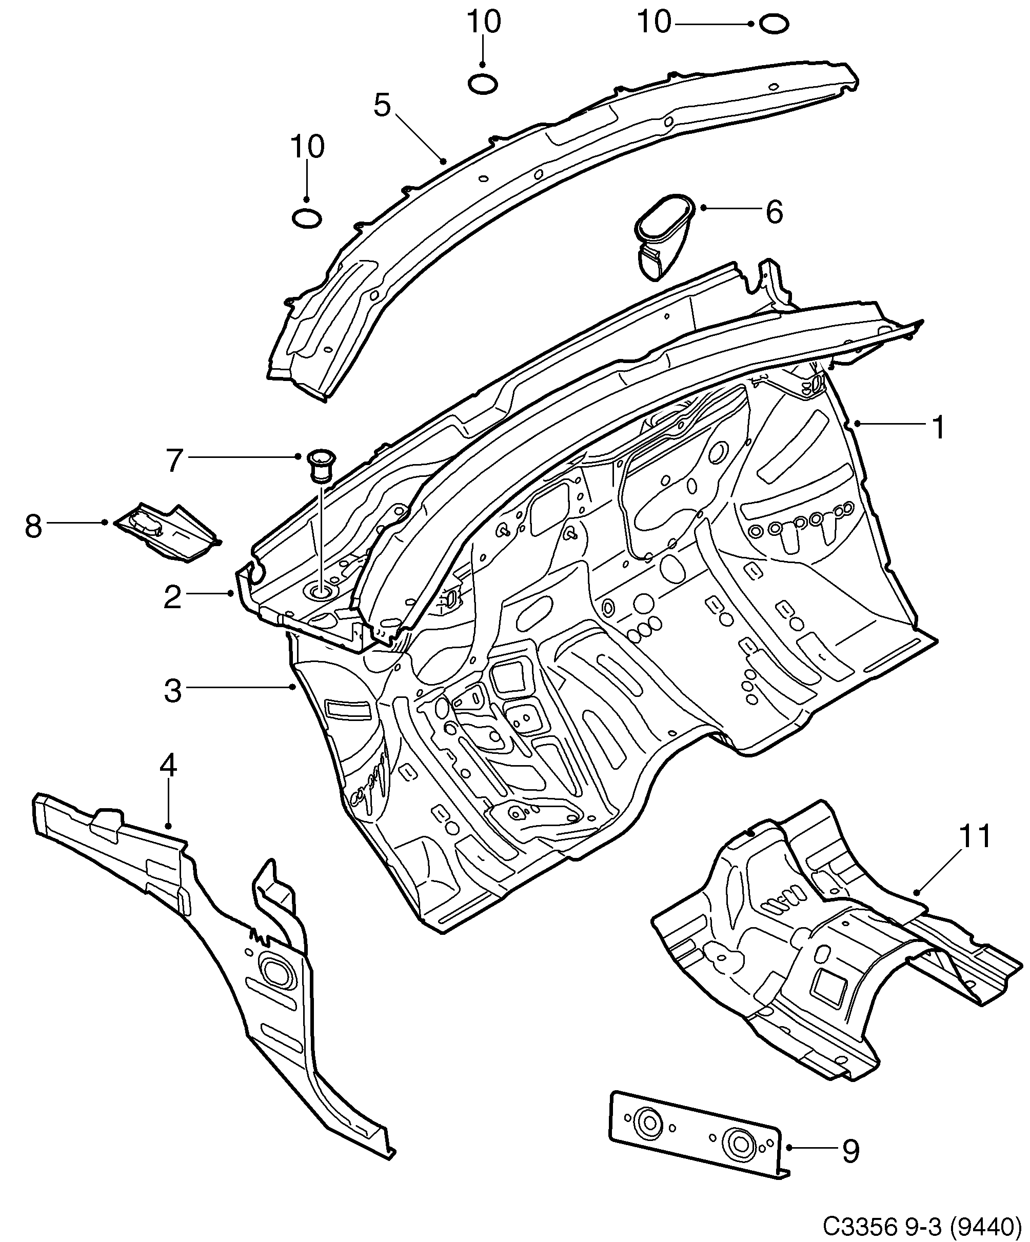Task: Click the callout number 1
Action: (938, 428)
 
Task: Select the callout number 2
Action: (172, 597)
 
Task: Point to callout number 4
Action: (168, 766)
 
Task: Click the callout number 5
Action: (382, 106)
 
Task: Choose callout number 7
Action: (173, 460)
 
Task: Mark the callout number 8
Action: (33, 526)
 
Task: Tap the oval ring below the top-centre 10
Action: (482, 85)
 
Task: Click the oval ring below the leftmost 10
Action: (307, 219)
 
